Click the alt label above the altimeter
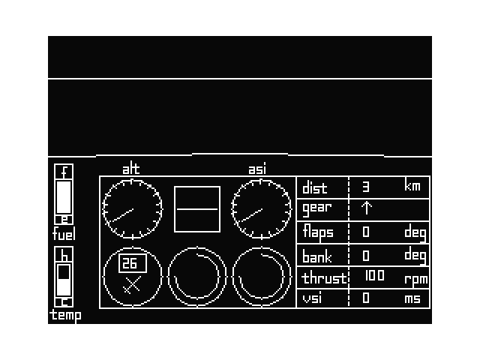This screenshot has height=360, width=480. [x=131, y=169]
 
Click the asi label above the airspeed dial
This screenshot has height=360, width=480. [x=257, y=169]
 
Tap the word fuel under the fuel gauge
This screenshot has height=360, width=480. [x=64, y=235]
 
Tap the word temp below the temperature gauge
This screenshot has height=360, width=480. [x=65, y=316]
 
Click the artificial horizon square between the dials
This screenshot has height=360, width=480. [x=197, y=210]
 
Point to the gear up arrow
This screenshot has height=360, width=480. [x=367, y=208]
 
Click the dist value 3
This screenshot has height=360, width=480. [x=366, y=186]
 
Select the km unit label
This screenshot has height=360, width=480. [x=413, y=186]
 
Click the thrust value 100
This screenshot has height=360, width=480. [x=374, y=276]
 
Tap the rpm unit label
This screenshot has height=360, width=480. [x=415, y=279]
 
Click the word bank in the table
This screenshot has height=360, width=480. [x=317, y=256]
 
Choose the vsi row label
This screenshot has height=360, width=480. [x=311, y=298]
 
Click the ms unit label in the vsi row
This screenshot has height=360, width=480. [x=412, y=298]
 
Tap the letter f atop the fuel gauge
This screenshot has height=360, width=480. [x=64, y=172]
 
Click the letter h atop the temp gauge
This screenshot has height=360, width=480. [x=64, y=254]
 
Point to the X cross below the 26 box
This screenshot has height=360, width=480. [x=133, y=285]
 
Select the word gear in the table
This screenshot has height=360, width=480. [x=316, y=208]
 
